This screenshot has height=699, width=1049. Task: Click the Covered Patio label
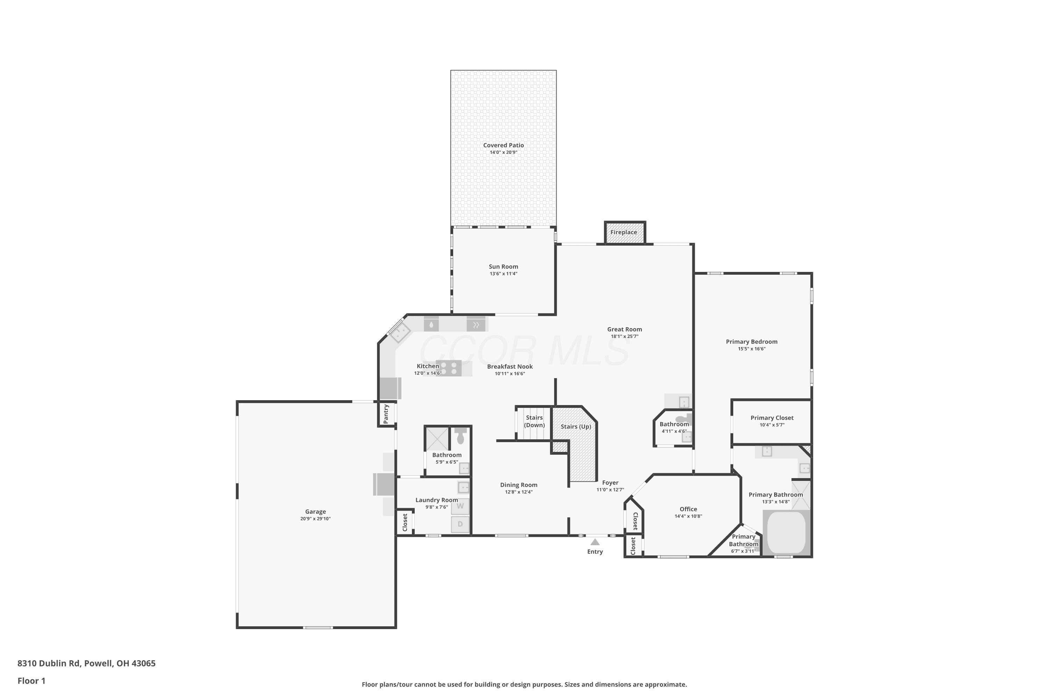(x=504, y=145)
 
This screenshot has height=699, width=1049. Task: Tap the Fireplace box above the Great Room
(x=625, y=233)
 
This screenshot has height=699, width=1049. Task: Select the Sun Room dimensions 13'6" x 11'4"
(x=504, y=274)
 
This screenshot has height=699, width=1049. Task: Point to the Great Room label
(x=625, y=330)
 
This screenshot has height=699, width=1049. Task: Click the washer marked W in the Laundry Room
(x=460, y=506)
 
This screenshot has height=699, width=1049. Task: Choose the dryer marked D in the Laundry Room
(x=460, y=524)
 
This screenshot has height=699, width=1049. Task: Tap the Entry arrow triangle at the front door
(x=595, y=542)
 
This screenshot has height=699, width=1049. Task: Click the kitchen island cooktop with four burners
(x=449, y=368)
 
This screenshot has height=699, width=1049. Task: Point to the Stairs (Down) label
(x=534, y=421)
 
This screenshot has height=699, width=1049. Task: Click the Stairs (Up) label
(x=576, y=427)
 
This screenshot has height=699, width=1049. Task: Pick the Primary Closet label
(x=772, y=418)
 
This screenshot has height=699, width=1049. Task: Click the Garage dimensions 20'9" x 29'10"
(x=315, y=519)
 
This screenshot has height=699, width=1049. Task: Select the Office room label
(x=688, y=509)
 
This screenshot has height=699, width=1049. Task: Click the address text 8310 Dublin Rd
(x=49, y=663)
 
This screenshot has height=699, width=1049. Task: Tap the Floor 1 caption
(x=31, y=681)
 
